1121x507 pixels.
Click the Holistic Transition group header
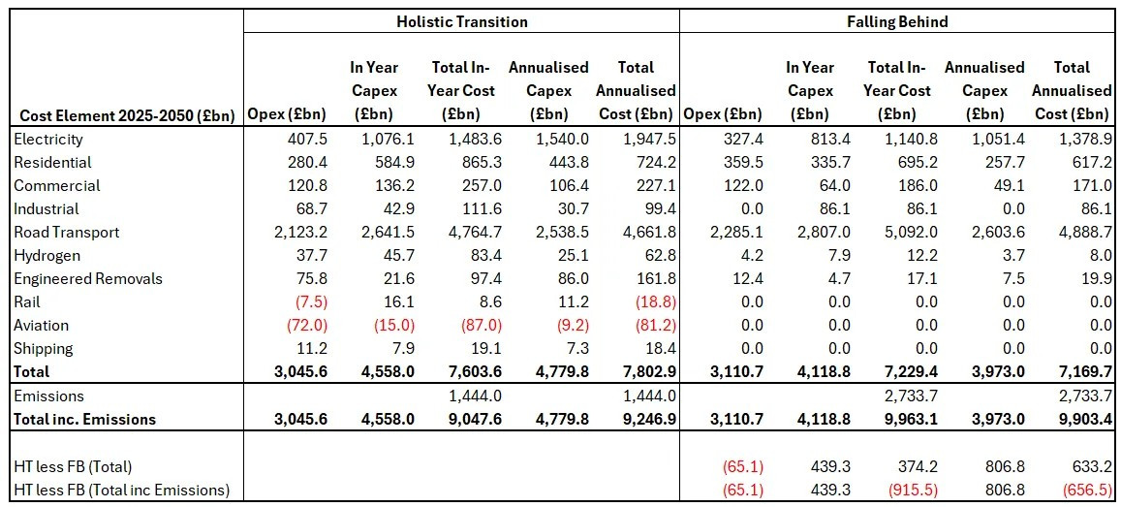461,21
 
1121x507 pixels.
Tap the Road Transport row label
67,233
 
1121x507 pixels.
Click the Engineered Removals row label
88,279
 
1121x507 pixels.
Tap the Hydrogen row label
47,256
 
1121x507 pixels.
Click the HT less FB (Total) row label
73,467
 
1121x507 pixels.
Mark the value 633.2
1089,467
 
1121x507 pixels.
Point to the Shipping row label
44,349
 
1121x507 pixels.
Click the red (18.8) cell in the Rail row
654,302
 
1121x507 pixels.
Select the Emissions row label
49,396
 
